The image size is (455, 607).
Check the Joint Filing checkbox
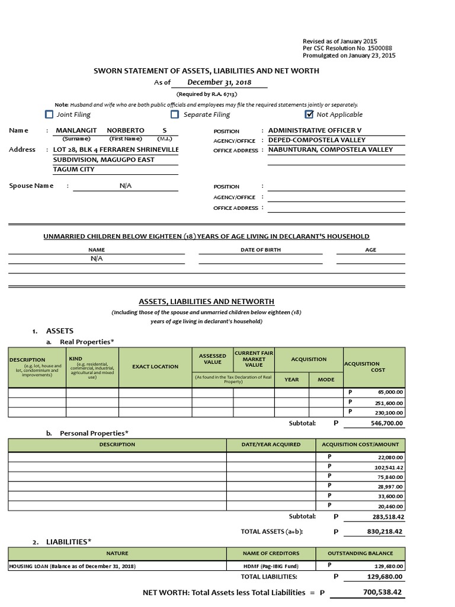pyautogui.click(x=49, y=114)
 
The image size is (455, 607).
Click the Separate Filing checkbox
pyautogui.click(x=175, y=114)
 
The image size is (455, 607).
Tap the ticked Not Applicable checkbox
pyautogui.click(x=309, y=114)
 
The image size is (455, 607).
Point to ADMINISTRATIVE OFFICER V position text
pyautogui.click(x=315, y=130)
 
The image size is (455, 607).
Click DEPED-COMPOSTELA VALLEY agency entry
pyautogui.click(x=317, y=140)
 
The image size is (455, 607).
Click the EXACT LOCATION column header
pyautogui.click(x=155, y=366)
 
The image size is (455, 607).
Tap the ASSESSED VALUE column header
pyautogui.click(x=213, y=359)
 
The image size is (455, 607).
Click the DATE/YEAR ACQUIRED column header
pyautogui.click(x=271, y=444)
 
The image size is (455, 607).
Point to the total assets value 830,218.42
pyautogui.click(x=384, y=532)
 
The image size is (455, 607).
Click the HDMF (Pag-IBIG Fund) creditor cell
pyautogui.click(x=271, y=566)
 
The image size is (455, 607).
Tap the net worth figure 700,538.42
pyautogui.click(x=382, y=592)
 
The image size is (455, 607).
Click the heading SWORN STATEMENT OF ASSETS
pyautogui.click(x=206, y=71)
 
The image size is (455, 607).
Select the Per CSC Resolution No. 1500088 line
pyautogui.click(x=347, y=48)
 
